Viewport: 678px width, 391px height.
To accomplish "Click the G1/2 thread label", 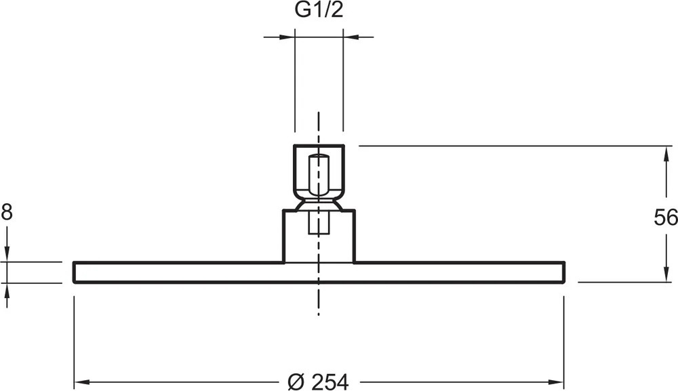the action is click(x=319, y=10).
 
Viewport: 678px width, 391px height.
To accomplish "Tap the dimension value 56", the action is click(x=666, y=218).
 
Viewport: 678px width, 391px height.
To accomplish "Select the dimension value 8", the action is click(x=7, y=212).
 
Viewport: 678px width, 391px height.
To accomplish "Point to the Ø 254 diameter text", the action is click(x=318, y=382).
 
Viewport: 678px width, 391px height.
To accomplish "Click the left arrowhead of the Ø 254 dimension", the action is click(x=82, y=382).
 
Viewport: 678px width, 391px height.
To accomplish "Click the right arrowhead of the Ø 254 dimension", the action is click(x=556, y=382).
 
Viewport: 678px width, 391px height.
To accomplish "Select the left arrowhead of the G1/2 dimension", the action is click(x=287, y=37).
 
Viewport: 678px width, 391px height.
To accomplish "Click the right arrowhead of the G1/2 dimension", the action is click(x=351, y=37).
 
